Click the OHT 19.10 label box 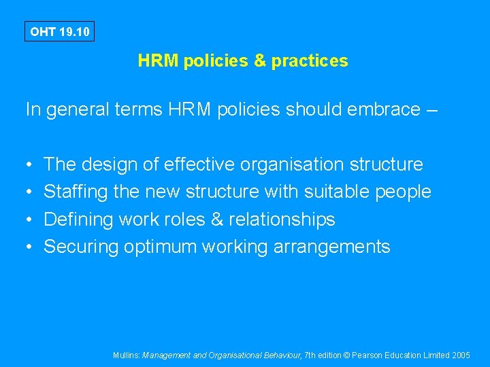click(x=59, y=31)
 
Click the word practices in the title click(x=310, y=61)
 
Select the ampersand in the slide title click(x=259, y=61)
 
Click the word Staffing click(x=76, y=192)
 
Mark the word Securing click(x=81, y=247)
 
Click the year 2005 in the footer click(x=461, y=355)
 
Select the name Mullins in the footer click(x=127, y=355)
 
